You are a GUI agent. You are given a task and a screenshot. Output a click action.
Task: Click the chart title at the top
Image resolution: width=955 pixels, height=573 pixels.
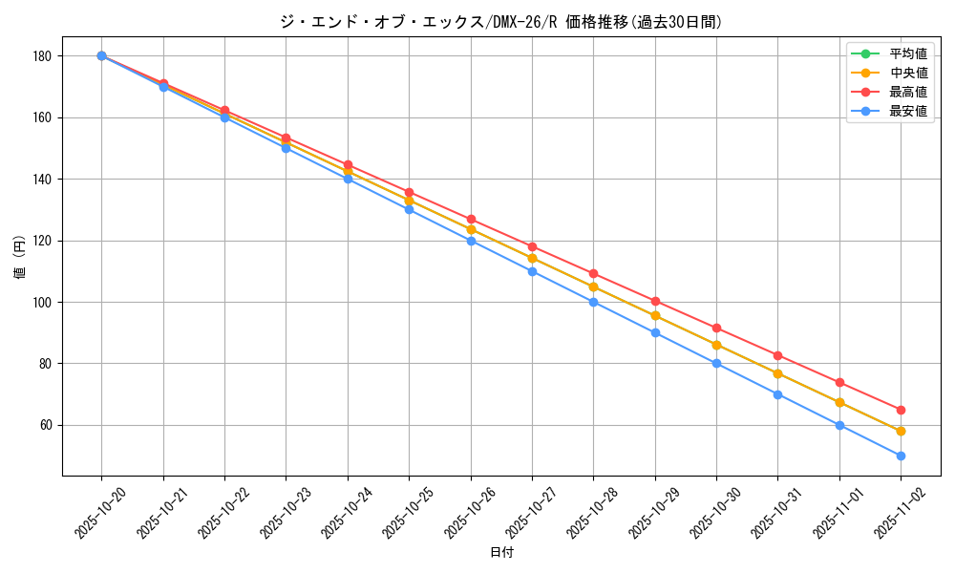click(501, 21)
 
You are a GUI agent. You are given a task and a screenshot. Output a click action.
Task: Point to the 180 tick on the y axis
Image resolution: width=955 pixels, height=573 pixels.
click(41, 56)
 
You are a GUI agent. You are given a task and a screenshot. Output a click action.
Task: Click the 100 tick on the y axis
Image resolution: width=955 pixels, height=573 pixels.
click(41, 302)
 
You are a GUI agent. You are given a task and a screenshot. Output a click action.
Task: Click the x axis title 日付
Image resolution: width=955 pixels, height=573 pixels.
click(501, 553)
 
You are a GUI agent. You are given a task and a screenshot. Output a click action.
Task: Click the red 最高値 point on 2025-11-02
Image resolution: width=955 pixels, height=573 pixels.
click(901, 410)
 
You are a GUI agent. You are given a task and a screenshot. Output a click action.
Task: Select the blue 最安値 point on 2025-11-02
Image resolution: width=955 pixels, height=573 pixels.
click(901, 456)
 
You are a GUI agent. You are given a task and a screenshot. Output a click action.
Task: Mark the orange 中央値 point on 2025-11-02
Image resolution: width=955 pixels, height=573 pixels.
click(901, 431)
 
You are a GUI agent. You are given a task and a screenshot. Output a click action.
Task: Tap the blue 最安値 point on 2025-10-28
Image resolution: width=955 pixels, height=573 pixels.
click(593, 302)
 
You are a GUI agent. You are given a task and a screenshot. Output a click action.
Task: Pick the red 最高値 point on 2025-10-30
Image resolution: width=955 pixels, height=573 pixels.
click(716, 329)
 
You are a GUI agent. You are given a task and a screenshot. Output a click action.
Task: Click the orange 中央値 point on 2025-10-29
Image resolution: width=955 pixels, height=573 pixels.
click(655, 315)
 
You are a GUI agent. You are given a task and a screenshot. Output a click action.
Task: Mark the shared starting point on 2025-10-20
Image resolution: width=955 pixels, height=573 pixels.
click(101, 56)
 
